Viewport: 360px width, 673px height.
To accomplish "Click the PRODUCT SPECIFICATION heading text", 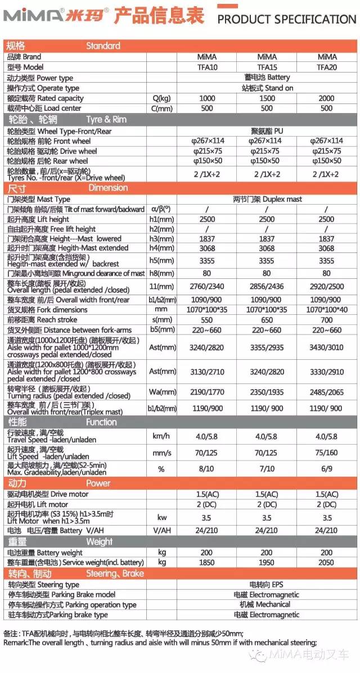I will point(286,20).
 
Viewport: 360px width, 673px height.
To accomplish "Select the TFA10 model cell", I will point(208,67).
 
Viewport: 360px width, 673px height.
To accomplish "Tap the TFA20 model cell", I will point(326,67).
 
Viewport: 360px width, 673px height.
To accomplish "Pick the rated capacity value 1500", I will point(267,98).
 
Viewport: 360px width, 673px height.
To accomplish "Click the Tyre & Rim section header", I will point(106,119).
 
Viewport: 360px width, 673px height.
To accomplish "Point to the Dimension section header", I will point(108,188).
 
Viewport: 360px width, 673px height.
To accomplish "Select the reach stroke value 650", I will point(267,319).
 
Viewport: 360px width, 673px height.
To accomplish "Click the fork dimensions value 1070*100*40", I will point(326,310).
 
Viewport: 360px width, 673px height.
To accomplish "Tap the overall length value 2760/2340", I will point(208,287).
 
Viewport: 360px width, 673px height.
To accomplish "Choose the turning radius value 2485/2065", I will point(326,392).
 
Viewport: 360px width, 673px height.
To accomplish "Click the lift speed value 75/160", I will point(326,453).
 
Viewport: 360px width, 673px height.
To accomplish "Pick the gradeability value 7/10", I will point(267,468).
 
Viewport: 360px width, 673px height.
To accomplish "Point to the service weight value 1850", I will point(208,562).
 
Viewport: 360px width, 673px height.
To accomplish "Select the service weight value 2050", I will point(326,562).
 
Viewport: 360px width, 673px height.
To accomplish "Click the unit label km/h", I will point(161,436).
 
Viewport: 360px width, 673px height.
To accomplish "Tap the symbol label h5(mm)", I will point(161,260).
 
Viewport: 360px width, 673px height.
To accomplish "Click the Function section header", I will point(101,422).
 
